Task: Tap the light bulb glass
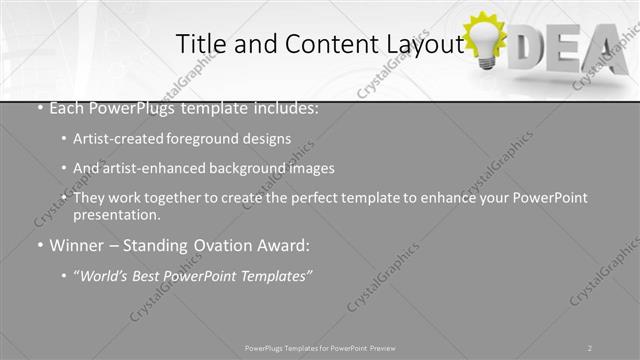[x=487, y=39]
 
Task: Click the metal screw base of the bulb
[x=487, y=62]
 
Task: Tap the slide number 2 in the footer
[x=590, y=347]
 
